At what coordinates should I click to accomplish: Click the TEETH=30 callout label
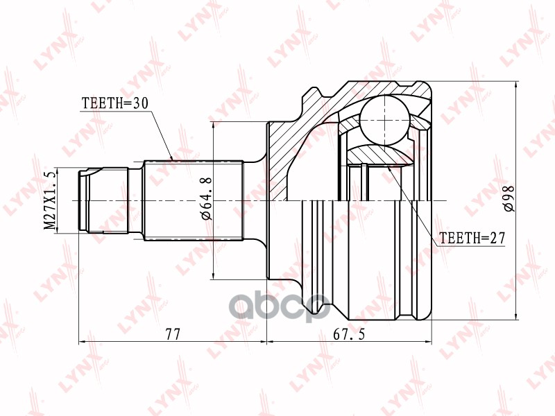(115, 103)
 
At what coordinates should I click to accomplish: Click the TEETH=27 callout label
(472, 238)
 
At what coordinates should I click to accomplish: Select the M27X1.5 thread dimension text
(50, 200)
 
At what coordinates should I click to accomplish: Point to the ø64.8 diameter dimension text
(207, 198)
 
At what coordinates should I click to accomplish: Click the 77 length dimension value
(172, 334)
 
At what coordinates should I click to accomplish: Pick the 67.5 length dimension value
(349, 334)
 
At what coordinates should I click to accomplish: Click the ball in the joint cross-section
(384, 120)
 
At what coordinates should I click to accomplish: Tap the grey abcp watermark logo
(280, 307)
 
